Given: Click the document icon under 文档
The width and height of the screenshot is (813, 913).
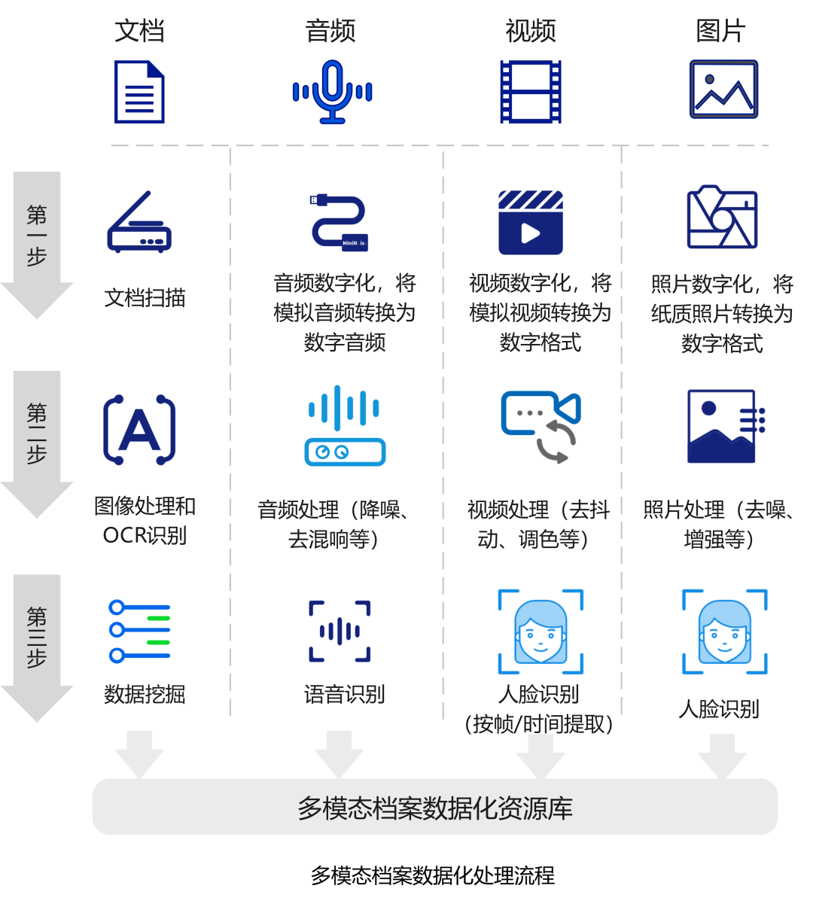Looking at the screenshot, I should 139,92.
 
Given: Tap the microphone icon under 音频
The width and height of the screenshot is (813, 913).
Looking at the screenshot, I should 332,92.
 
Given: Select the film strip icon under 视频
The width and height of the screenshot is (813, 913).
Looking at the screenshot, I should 531,92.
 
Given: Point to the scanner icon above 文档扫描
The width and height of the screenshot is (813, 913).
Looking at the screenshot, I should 139,222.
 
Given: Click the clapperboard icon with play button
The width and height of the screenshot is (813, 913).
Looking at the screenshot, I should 531,223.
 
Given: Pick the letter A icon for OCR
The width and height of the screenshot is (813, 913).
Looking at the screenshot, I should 139,429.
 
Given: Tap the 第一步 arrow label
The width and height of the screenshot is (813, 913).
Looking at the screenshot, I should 37,236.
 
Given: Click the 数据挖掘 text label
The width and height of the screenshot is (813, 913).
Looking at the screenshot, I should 145,694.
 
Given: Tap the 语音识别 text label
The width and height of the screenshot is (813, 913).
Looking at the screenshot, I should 344,694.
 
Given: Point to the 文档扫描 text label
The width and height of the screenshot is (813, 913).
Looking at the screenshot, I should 145,298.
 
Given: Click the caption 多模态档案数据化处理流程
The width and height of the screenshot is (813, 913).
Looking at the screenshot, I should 433,875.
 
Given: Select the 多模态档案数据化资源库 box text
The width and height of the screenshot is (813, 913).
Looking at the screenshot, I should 434,808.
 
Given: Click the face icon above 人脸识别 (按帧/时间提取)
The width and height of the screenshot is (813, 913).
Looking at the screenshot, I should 540,631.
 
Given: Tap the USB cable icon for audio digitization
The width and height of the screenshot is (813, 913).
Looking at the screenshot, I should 340,222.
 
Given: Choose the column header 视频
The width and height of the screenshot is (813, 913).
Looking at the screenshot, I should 531,31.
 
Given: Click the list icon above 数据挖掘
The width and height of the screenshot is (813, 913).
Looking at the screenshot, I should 139,631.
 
